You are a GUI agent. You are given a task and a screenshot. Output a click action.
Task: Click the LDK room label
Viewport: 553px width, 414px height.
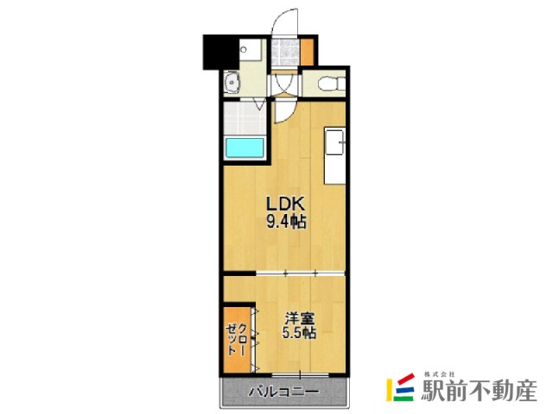tap(285, 204)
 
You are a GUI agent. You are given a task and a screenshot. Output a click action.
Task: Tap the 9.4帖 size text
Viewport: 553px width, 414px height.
tap(286, 222)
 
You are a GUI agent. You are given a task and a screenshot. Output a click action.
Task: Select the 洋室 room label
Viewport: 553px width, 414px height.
tap(300, 318)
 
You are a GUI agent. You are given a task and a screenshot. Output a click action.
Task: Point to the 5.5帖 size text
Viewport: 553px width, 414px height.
tap(299, 332)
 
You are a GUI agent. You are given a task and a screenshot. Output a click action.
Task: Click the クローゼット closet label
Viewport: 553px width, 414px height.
tap(237, 339)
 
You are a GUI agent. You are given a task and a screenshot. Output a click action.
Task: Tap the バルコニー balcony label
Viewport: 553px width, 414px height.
tap(284, 391)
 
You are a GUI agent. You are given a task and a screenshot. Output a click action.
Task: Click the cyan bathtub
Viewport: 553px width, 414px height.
tap(245, 148)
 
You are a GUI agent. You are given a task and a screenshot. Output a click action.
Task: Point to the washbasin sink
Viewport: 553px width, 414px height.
tap(232, 83)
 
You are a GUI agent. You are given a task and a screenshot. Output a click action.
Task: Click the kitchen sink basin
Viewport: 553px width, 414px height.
tap(334, 141)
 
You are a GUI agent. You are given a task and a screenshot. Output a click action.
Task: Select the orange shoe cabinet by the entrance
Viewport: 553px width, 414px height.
tap(307, 52)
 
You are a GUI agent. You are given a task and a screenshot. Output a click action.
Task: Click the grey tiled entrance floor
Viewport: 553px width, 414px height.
tap(286, 52)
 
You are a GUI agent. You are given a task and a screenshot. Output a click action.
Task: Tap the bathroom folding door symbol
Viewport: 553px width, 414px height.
tap(259, 103)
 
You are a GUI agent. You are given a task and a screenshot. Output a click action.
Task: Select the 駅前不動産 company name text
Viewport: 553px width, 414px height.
tap(479, 390)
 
